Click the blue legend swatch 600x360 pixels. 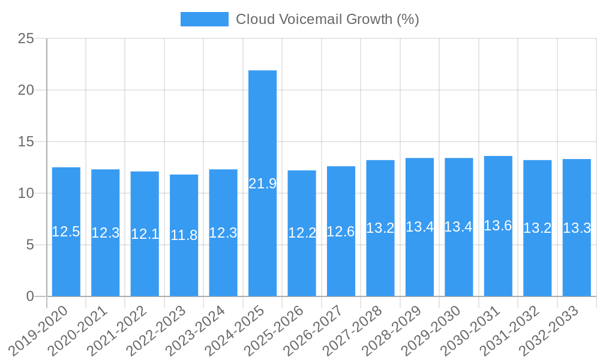pos(204,19)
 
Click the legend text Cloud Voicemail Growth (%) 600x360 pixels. pos(327,19)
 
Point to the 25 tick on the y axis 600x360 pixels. pos(26,39)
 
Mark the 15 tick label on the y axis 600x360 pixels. pos(26,142)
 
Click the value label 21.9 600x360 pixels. pos(262,184)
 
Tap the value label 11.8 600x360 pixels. pos(184,235)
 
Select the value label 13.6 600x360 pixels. pos(498,226)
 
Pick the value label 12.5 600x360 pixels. pos(66,232)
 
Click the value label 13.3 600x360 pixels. pos(577,228)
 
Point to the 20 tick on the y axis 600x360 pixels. pos(26,91)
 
